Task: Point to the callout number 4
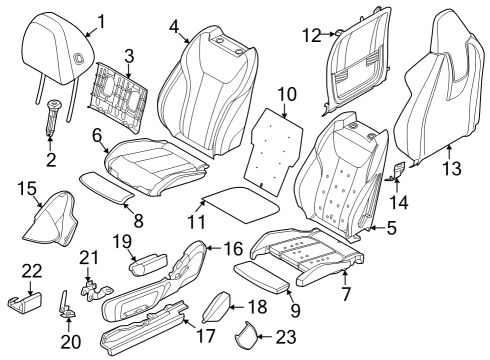174,26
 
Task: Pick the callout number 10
287,94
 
